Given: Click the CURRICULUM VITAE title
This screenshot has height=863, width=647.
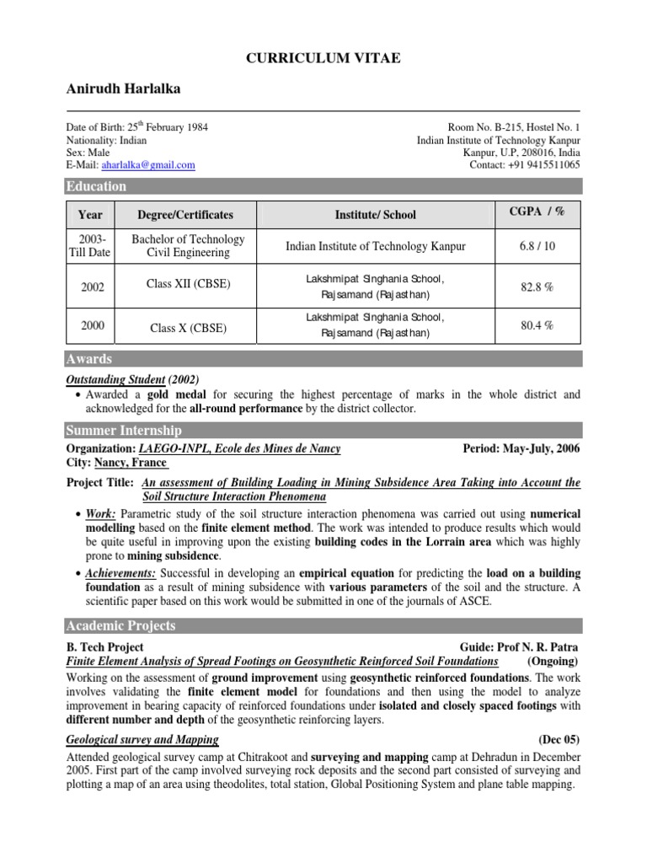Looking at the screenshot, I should click(x=323, y=57).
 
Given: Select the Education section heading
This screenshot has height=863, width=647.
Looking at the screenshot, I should click(x=97, y=186).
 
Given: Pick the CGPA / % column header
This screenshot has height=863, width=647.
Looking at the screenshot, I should click(x=537, y=212).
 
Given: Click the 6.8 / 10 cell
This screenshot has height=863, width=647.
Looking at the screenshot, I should click(x=537, y=246).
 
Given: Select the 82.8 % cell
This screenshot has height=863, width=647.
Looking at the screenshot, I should click(x=537, y=287).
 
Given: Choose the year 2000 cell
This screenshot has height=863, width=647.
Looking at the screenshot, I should click(x=91, y=324).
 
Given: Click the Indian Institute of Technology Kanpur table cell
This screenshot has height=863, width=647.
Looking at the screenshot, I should click(x=375, y=246).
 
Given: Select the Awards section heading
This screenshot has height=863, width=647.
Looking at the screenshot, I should click(x=89, y=359).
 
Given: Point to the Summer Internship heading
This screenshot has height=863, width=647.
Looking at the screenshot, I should click(x=119, y=431).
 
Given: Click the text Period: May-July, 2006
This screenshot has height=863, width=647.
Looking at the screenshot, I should click(x=521, y=449).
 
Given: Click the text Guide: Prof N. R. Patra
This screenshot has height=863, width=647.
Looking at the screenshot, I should click(x=519, y=646).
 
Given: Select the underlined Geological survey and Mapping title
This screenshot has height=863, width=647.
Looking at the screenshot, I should click(x=142, y=739).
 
